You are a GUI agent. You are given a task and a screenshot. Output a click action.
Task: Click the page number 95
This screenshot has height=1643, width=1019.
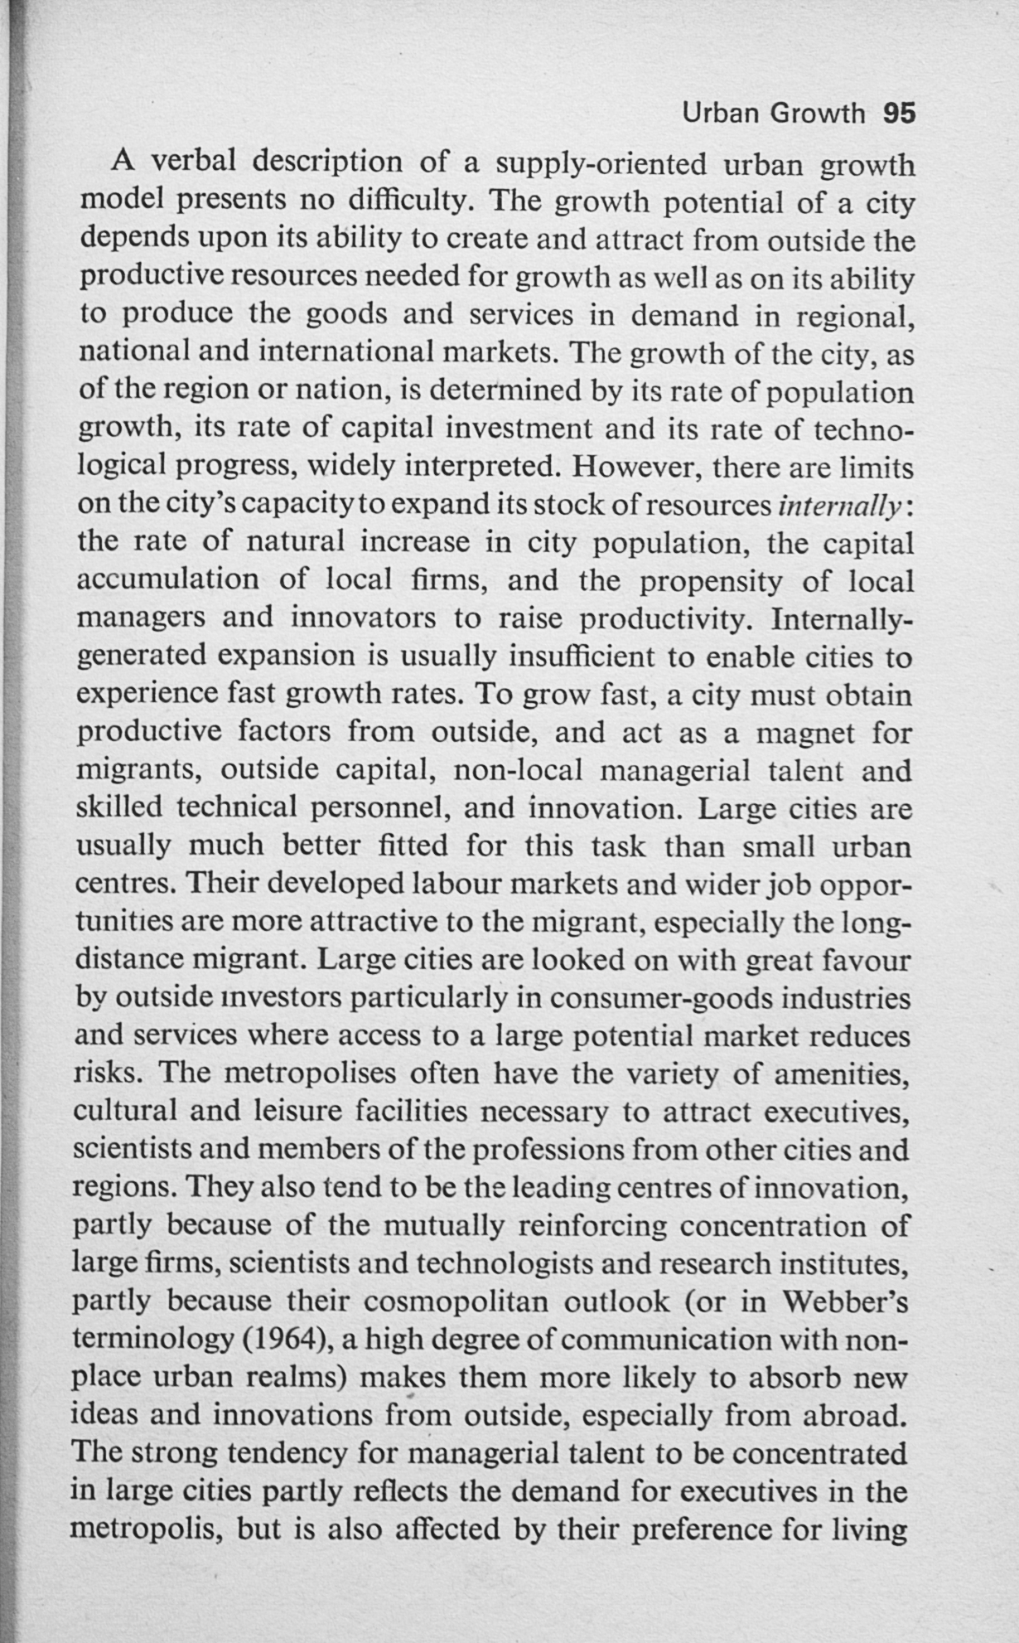pyautogui.click(x=900, y=113)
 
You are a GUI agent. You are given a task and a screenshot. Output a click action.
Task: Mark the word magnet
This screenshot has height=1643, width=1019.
pyautogui.click(x=808, y=734)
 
